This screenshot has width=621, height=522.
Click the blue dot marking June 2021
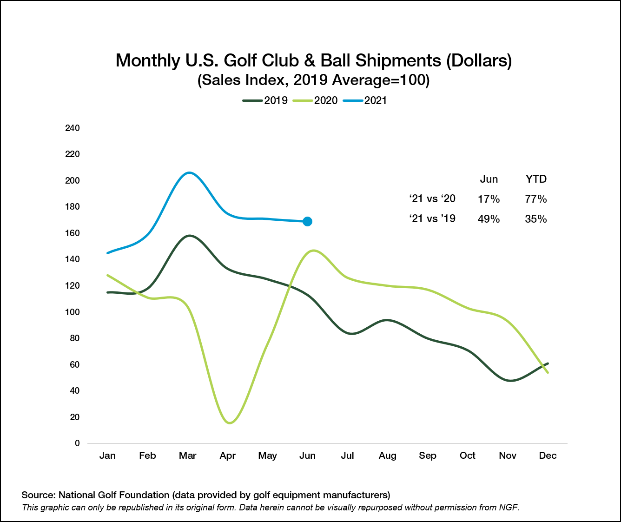(x=307, y=221)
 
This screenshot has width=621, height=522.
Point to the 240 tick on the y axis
(x=72, y=128)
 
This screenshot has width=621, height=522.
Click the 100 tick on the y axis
(x=72, y=312)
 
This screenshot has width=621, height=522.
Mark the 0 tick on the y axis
(x=77, y=443)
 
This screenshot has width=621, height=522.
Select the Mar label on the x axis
(x=187, y=456)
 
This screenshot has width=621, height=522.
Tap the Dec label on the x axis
(x=548, y=456)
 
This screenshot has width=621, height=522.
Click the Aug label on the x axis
(x=387, y=456)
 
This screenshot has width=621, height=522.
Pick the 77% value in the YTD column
(x=535, y=199)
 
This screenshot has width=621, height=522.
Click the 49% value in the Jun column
(x=489, y=219)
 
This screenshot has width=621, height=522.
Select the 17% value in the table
(x=489, y=199)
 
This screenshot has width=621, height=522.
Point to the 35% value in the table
(x=535, y=219)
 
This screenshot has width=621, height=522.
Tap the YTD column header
(x=535, y=179)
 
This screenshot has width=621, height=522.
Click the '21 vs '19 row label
(x=432, y=219)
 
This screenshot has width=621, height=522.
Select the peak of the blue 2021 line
(x=189, y=172)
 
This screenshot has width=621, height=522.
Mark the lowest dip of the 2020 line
(x=230, y=423)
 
